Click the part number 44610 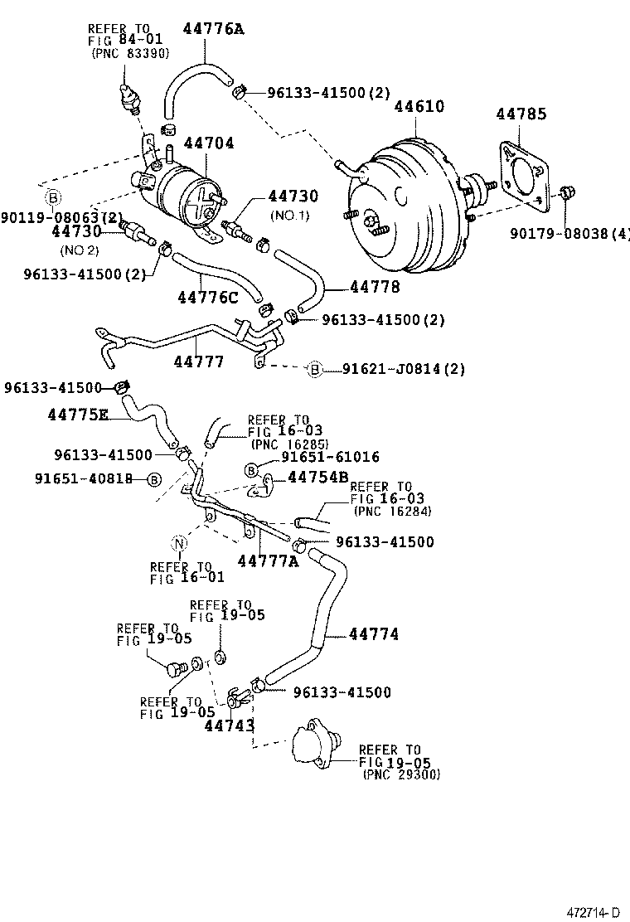[x=419, y=107]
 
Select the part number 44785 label [x=521, y=114]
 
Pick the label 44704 [x=208, y=143]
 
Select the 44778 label [x=375, y=287]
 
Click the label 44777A [x=267, y=561]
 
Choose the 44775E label [x=78, y=415]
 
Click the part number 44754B [x=317, y=477]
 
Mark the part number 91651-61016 [x=330, y=457]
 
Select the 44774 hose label [x=373, y=634]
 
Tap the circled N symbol [x=180, y=544]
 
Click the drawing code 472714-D [x=594, y=911]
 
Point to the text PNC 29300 [x=401, y=774]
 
